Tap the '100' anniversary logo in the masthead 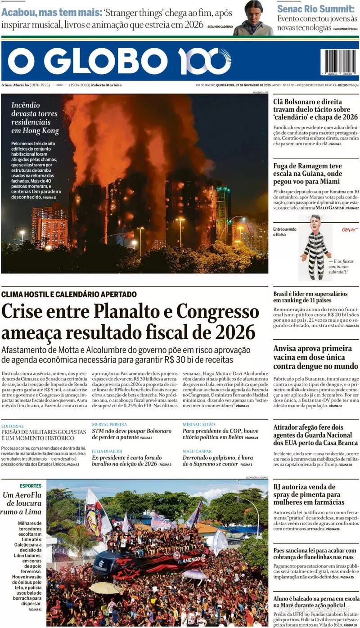coord(204,61)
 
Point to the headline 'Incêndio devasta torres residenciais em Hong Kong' coord(35,118)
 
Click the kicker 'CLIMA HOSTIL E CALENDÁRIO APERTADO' coord(69,294)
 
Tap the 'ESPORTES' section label coord(31,486)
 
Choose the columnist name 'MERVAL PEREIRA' coord(109,424)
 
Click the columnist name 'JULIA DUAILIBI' coord(108,451)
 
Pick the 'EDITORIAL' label coord(13,426)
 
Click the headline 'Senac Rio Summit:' coord(315,9)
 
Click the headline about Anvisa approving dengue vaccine coord(315,357)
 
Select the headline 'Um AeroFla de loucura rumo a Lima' coord(22,503)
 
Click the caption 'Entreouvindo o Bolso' coord(285,232)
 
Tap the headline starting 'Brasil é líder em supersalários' coord(310,297)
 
